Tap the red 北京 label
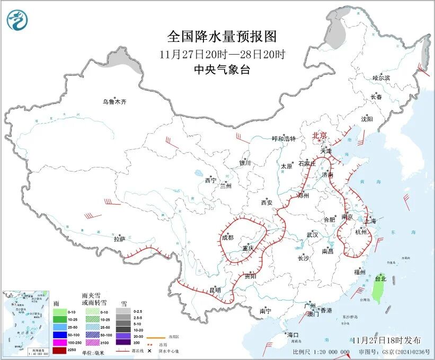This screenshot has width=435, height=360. tap(320, 135)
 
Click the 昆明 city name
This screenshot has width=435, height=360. tap(215, 290)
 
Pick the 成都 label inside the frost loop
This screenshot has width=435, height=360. tap(228, 238)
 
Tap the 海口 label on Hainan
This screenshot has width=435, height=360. tap(292, 335)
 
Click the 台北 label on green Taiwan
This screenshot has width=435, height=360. tap(380, 278)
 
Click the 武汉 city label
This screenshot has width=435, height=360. tap(312, 234)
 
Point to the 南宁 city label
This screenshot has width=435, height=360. tap(265, 311)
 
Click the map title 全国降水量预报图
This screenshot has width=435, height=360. tap(222, 37)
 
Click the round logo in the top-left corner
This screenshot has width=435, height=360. tap(17, 20)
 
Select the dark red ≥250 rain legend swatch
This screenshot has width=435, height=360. tap(60, 350)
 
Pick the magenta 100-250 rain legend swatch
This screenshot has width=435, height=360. tap(60, 343)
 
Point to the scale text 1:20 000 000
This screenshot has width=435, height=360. tap(329, 352)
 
